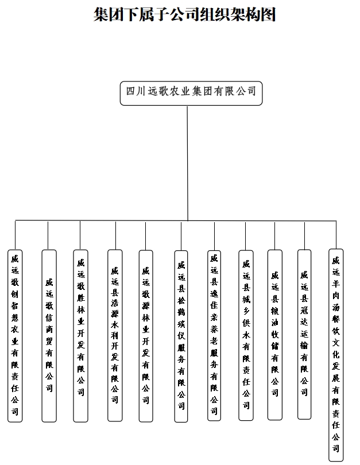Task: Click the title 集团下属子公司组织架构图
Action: [185, 14]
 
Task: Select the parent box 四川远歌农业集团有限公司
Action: [191, 92]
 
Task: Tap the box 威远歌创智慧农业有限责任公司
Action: [15, 336]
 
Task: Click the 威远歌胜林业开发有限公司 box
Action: [80, 328]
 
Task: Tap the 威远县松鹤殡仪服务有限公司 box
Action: [181, 336]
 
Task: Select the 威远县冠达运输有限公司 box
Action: [304, 334]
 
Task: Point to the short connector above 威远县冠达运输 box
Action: [304, 235]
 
